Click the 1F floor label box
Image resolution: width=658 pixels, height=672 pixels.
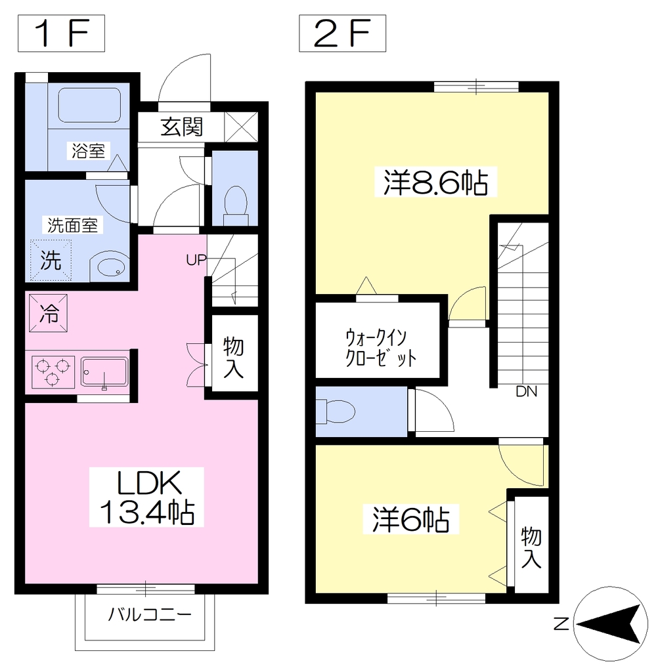[x=61, y=33]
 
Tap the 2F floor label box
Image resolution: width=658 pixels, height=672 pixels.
[x=342, y=33]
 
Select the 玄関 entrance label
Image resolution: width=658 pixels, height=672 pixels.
[x=181, y=127]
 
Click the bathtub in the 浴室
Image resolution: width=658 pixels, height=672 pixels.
[x=89, y=105]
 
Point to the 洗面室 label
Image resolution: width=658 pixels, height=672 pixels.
[x=72, y=225]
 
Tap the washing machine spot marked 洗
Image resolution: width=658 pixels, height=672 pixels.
[x=51, y=260]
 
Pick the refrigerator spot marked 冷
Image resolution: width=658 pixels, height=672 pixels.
[x=49, y=313]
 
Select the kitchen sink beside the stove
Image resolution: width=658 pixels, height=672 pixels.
[x=104, y=373]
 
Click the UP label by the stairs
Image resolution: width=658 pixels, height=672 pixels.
[x=196, y=260]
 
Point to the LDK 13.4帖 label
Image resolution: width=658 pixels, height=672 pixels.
[x=146, y=497]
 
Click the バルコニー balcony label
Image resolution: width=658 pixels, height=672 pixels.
[x=150, y=615]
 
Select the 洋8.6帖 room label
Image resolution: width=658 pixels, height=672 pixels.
[x=435, y=182]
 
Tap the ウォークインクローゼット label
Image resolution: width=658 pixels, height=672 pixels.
[x=380, y=348]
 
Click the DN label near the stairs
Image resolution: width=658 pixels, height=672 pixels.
[x=526, y=391]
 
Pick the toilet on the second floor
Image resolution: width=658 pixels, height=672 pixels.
[x=336, y=412]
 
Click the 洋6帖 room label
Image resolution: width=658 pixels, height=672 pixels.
[x=410, y=520]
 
